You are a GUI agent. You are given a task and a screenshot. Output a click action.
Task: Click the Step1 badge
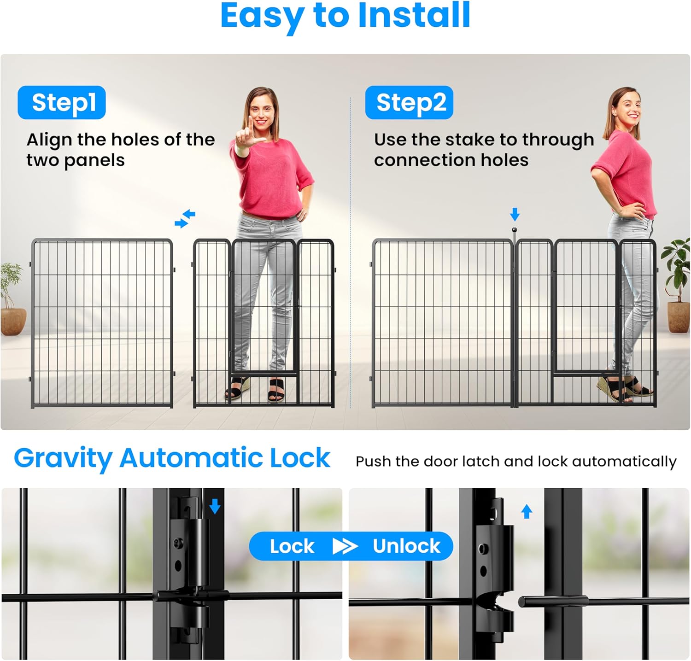[62, 102]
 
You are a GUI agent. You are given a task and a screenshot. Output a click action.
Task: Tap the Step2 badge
[409, 102]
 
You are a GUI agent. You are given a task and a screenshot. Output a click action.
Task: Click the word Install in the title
[414, 16]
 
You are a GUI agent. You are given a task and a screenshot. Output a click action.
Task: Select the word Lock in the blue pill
[292, 546]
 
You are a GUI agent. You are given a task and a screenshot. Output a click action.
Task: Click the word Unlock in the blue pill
[406, 546]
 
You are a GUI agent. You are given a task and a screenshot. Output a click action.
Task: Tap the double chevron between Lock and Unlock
[345, 546]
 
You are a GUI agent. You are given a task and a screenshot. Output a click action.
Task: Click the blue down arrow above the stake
[515, 214]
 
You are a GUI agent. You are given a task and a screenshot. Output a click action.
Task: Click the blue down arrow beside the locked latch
[215, 507]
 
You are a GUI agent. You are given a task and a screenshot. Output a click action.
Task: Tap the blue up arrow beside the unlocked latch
[527, 511]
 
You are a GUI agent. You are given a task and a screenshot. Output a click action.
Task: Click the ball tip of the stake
[514, 230]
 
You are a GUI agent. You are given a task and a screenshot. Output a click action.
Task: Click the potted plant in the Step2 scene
[677, 286]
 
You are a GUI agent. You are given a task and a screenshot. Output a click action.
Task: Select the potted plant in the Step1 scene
[12, 299]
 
